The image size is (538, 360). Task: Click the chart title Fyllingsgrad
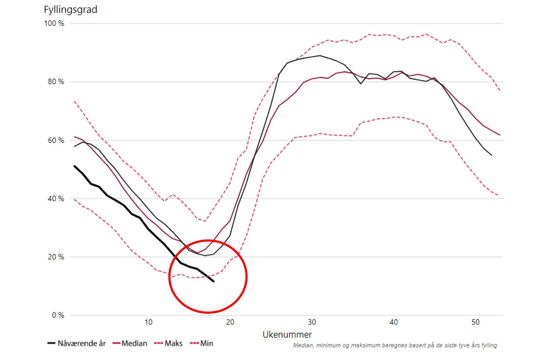[70, 10]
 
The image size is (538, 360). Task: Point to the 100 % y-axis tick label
[54, 23]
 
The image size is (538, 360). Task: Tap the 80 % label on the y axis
[56, 82]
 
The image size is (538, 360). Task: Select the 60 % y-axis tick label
[56, 141]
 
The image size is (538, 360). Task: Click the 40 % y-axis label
[56, 199]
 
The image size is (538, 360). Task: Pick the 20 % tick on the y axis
[56, 257]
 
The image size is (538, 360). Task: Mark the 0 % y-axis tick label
[58, 316]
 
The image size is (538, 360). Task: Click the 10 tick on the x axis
[148, 322]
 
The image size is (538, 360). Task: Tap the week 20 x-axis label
[230, 322]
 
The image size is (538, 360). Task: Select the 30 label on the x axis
[312, 322]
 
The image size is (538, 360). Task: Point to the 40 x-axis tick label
[394, 322]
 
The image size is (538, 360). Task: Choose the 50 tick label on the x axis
[475, 322]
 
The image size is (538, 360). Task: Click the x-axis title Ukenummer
[287, 334]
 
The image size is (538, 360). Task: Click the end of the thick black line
[213, 281]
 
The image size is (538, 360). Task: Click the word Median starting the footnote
[302, 345]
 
